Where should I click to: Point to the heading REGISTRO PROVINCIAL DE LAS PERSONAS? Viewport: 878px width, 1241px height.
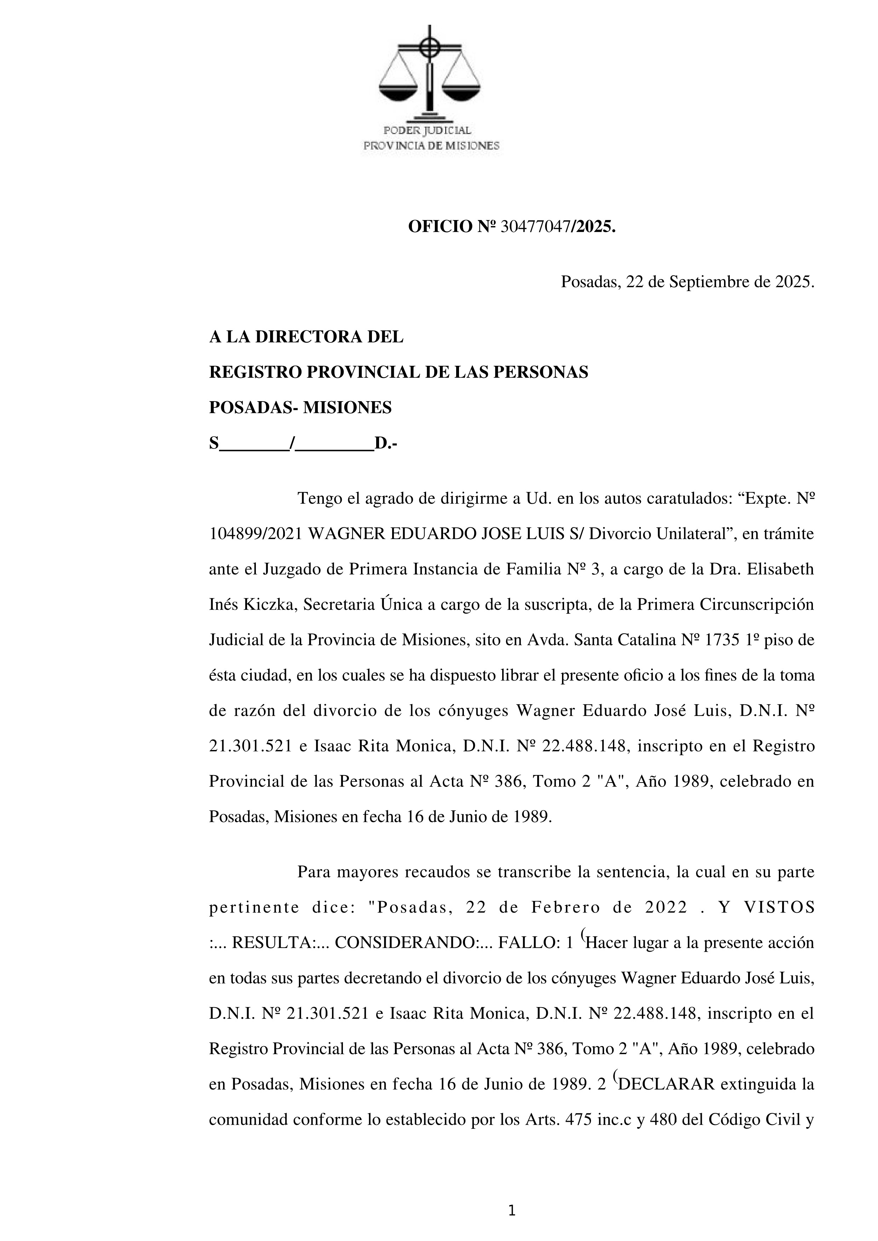(x=398, y=372)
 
